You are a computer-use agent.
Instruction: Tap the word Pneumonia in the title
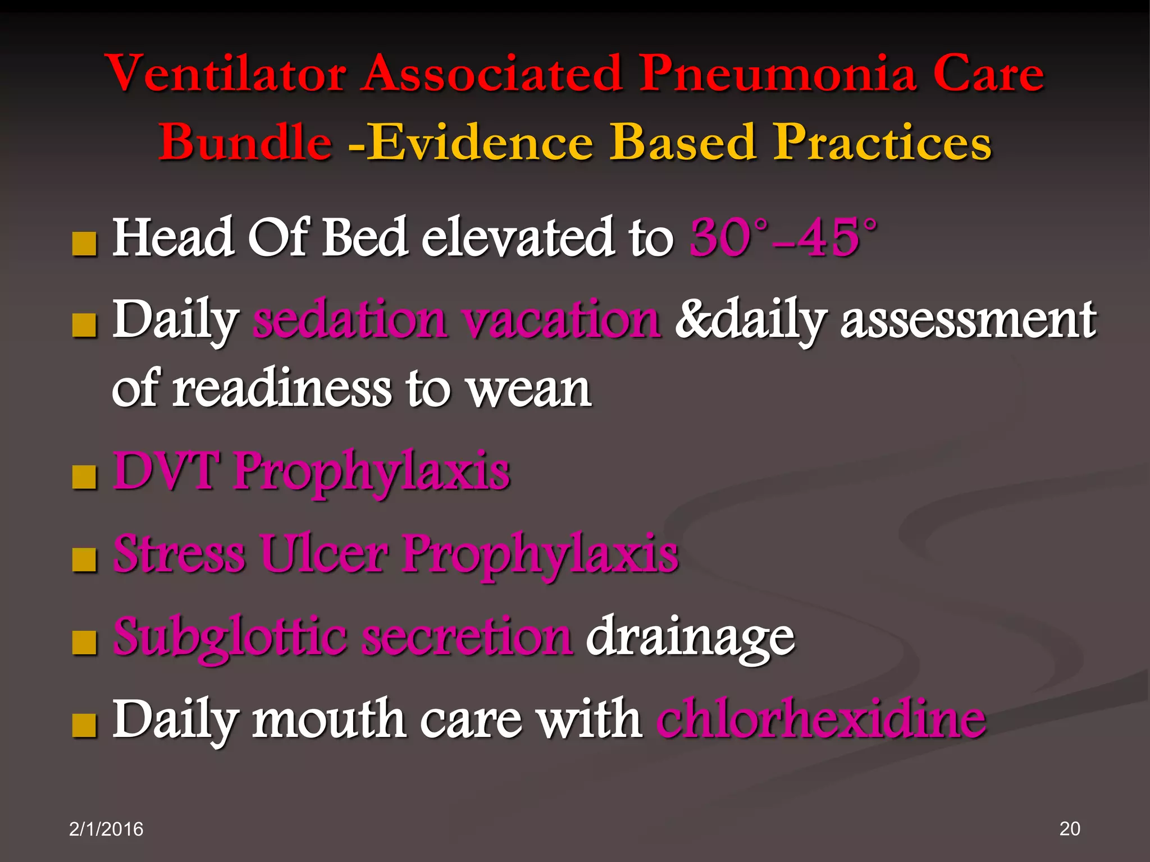(778, 74)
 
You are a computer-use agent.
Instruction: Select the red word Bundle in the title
(245, 143)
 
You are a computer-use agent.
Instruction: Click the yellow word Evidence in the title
(480, 143)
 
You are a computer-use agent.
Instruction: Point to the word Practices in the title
(882, 143)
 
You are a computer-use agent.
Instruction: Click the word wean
(530, 389)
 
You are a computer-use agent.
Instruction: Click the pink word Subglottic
(230, 636)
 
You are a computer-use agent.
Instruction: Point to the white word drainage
(690, 636)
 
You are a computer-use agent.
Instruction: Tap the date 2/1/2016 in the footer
(106, 829)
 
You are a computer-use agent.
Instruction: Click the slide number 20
(1069, 829)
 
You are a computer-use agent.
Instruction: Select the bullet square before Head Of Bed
(85, 245)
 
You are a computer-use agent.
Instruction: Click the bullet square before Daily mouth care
(85, 726)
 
